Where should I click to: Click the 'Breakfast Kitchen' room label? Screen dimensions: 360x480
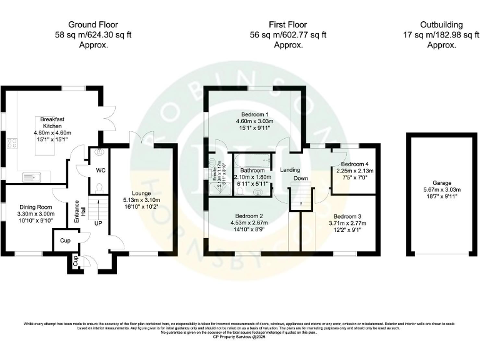click(x=53, y=122)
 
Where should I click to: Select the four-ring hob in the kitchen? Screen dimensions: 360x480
click(x=12, y=145)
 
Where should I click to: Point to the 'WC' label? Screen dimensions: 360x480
click(x=100, y=169)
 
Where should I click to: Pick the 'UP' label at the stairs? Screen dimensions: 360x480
click(x=98, y=222)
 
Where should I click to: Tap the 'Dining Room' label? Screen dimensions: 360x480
click(x=33, y=207)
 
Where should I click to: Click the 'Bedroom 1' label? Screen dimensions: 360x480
click(x=254, y=114)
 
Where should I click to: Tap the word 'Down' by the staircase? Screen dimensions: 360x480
click(x=301, y=178)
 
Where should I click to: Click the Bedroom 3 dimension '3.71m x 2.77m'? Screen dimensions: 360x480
click(x=345, y=222)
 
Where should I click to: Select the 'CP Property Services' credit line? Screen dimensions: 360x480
click(x=239, y=337)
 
